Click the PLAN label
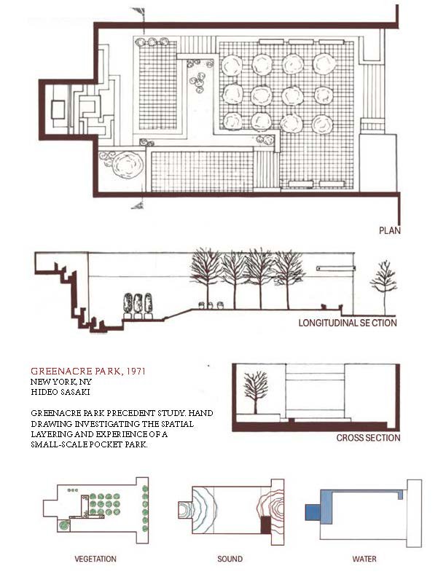tap(390, 231)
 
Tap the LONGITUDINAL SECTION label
tap(348, 322)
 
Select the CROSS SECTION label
tap(368, 438)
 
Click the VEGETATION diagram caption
tap(95, 560)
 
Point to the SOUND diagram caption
tap(230, 560)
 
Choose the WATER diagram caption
tap(364, 560)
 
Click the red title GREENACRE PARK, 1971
tap(88, 371)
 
